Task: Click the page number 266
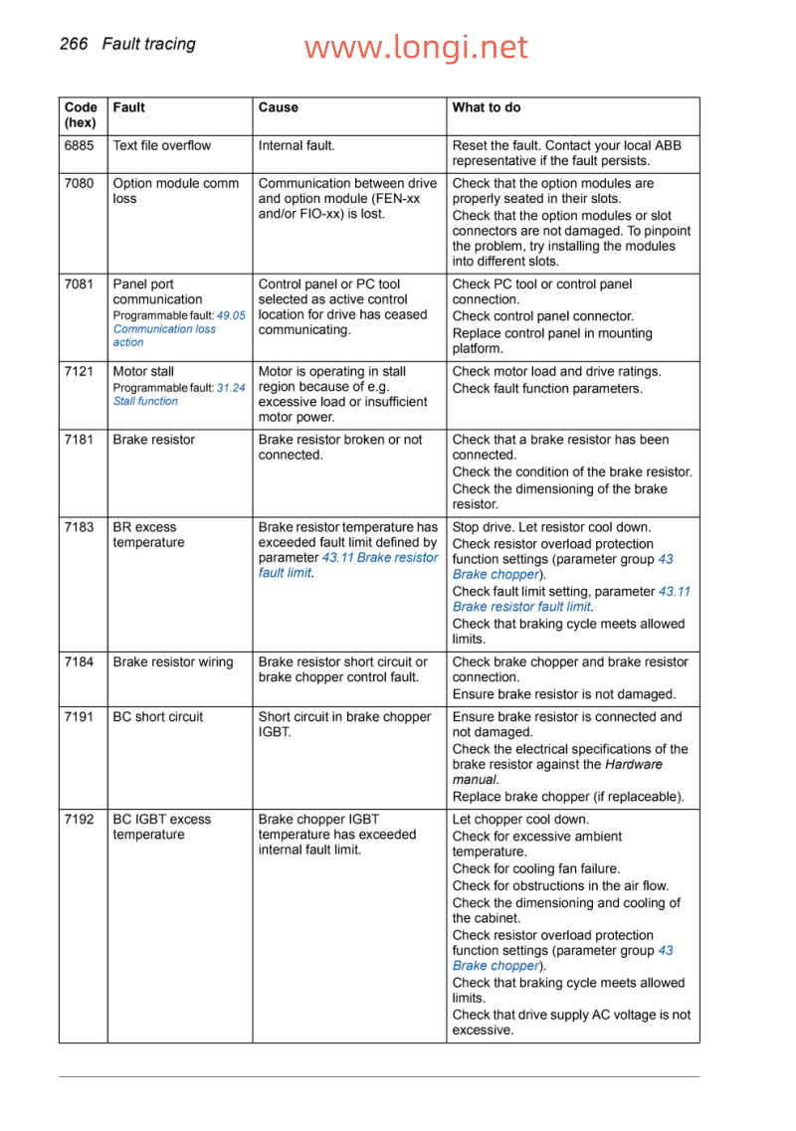pos(74,44)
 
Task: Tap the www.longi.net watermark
pos(416,47)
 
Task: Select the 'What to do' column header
pos(487,107)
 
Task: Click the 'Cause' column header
pos(278,107)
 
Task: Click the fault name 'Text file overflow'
pos(162,145)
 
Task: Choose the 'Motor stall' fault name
pos(143,372)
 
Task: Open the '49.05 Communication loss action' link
pos(164,329)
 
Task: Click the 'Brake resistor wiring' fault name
pos(173,662)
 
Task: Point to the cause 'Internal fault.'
pos(297,145)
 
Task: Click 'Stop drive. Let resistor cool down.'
pos(552,527)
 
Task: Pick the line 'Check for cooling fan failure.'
pos(536,868)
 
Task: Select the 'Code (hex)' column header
pos(81,115)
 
